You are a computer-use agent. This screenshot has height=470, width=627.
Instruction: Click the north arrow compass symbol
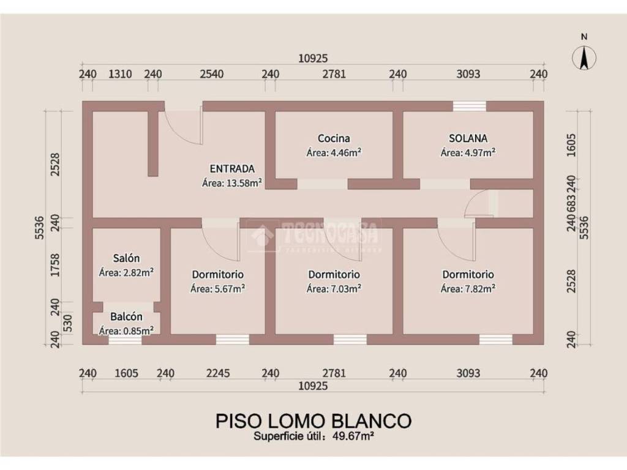(x=584, y=58)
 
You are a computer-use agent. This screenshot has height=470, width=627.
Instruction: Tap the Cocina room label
(x=334, y=138)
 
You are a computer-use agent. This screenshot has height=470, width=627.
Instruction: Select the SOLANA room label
(x=468, y=138)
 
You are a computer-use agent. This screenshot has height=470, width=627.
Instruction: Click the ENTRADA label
(x=232, y=169)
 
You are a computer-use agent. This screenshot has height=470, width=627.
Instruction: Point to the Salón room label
(x=126, y=258)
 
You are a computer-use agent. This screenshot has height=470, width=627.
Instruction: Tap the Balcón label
(x=126, y=316)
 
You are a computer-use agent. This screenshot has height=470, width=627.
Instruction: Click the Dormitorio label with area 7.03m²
(x=334, y=275)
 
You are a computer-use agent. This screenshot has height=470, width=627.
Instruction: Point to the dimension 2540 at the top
(x=211, y=74)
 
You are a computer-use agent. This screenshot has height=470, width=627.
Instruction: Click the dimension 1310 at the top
(x=120, y=74)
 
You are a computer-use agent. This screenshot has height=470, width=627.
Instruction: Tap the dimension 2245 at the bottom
(x=218, y=373)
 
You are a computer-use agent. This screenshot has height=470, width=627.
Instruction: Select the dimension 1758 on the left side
(x=55, y=265)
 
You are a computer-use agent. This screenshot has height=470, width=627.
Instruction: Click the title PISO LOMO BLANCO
(x=313, y=420)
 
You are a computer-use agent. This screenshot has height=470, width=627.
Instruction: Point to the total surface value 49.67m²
(x=353, y=436)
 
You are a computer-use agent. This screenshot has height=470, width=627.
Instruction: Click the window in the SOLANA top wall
(x=470, y=106)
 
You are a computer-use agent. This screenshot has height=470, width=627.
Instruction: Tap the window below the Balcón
(x=125, y=340)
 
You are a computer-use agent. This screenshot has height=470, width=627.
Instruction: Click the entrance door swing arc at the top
(x=182, y=130)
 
